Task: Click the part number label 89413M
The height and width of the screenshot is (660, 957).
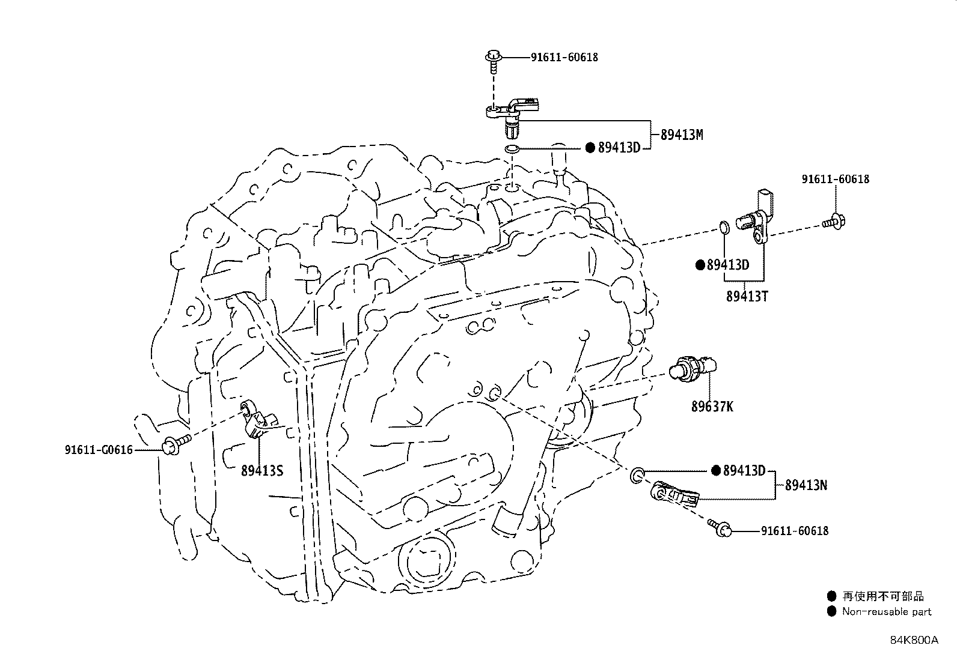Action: point(681,135)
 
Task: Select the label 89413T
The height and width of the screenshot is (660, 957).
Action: point(747,296)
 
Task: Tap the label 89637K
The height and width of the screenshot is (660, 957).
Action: point(712,407)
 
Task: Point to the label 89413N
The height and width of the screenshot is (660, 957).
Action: point(806,485)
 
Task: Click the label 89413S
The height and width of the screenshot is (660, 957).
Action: point(261,471)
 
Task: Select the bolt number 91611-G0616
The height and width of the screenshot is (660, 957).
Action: point(99,449)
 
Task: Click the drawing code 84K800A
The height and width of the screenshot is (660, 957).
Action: point(914,640)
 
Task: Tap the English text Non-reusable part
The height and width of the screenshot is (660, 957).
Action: point(886,612)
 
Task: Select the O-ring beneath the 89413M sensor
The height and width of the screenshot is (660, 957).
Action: point(512,148)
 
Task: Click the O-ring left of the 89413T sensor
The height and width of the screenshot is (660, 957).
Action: point(724,228)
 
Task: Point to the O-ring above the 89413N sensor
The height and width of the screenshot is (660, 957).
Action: point(638,477)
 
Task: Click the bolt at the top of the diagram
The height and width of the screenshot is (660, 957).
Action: point(492,61)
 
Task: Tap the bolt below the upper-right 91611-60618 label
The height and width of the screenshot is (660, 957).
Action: point(834,222)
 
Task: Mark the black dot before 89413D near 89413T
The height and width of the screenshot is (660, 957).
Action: point(700,265)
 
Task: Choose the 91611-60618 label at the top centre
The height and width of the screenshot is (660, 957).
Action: point(564,58)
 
